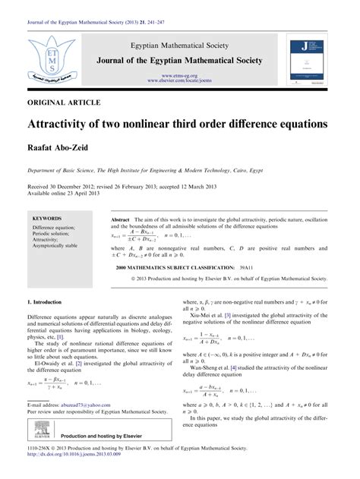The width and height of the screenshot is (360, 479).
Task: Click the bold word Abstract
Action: click(x=123, y=218)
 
